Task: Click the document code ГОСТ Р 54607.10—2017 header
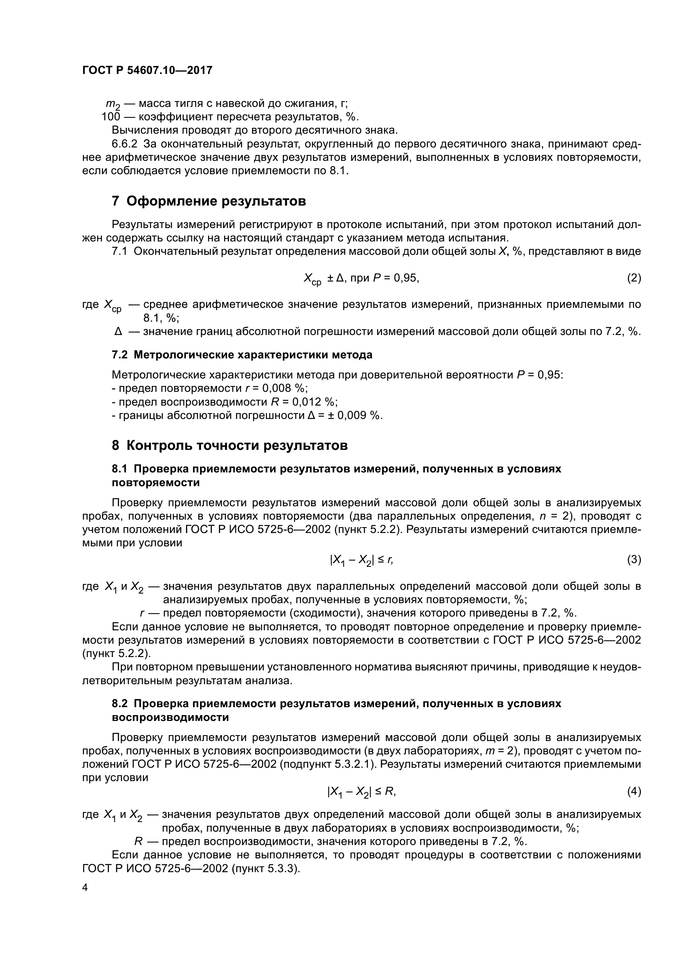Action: click(x=147, y=70)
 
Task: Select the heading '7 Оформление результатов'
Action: click(x=209, y=201)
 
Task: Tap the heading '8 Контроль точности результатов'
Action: click(x=230, y=446)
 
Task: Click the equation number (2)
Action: click(x=634, y=278)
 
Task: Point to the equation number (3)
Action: click(x=634, y=560)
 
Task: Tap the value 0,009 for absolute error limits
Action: click(x=352, y=415)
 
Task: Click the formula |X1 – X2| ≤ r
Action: click(x=361, y=561)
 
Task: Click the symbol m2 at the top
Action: click(x=112, y=104)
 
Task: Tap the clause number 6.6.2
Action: click(x=124, y=144)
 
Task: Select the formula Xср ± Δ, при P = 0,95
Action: click(x=361, y=279)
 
